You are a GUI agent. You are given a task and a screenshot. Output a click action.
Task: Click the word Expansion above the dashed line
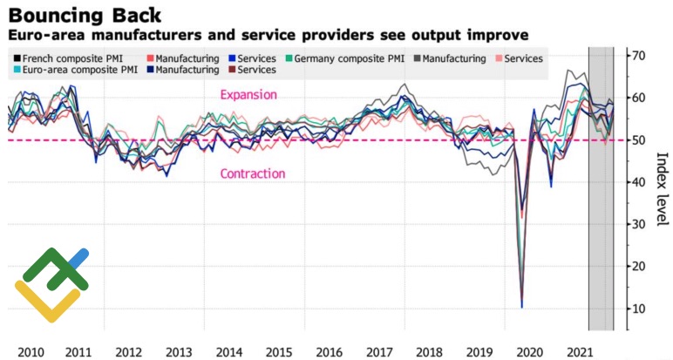[x=248, y=95]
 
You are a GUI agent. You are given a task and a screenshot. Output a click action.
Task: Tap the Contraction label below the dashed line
[x=253, y=173]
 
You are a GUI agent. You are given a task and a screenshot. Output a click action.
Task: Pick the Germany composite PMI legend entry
[x=350, y=58]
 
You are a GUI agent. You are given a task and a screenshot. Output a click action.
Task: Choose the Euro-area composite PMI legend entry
[x=79, y=70]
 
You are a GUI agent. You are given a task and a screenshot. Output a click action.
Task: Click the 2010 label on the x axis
[x=30, y=351]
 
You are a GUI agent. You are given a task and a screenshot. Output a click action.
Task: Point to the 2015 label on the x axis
[x=279, y=351]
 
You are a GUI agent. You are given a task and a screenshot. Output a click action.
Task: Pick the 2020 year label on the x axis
[x=527, y=351]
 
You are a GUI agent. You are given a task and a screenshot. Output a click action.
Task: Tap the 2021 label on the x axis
[x=577, y=351]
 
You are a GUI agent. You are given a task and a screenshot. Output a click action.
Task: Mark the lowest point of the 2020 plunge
[x=521, y=307]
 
